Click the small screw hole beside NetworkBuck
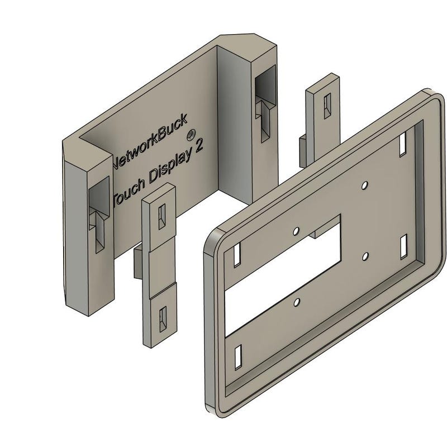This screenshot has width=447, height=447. [191, 134]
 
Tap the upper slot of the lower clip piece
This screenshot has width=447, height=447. [162, 216]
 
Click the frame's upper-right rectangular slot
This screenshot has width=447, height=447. [403, 144]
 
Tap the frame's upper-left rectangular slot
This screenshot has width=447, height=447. [237, 255]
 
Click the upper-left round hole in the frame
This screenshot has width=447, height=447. [296, 229]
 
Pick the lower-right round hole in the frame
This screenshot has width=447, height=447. [364, 255]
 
